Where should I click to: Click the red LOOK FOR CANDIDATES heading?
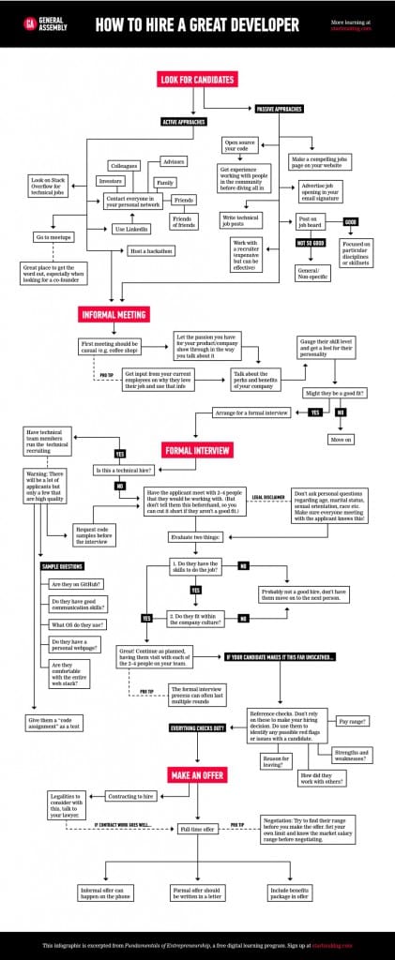pyautogui.click(x=197, y=80)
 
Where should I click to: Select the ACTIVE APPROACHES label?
pyautogui.click(x=183, y=122)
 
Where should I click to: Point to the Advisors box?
pyautogui.click(x=174, y=161)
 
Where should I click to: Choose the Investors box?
pyautogui.click(x=111, y=180)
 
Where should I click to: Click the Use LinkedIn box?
pyautogui.click(x=131, y=229)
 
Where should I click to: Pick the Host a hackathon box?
pyautogui.click(x=150, y=250)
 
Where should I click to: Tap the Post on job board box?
pyautogui.click(x=302, y=222)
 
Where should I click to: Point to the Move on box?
pyautogui.click(x=341, y=439)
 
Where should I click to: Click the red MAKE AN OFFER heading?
pyautogui.click(x=197, y=774)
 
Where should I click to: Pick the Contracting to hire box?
pyautogui.click(x=130, y=796)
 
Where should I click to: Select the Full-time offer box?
pyautogui.click(x=197, y=829)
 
